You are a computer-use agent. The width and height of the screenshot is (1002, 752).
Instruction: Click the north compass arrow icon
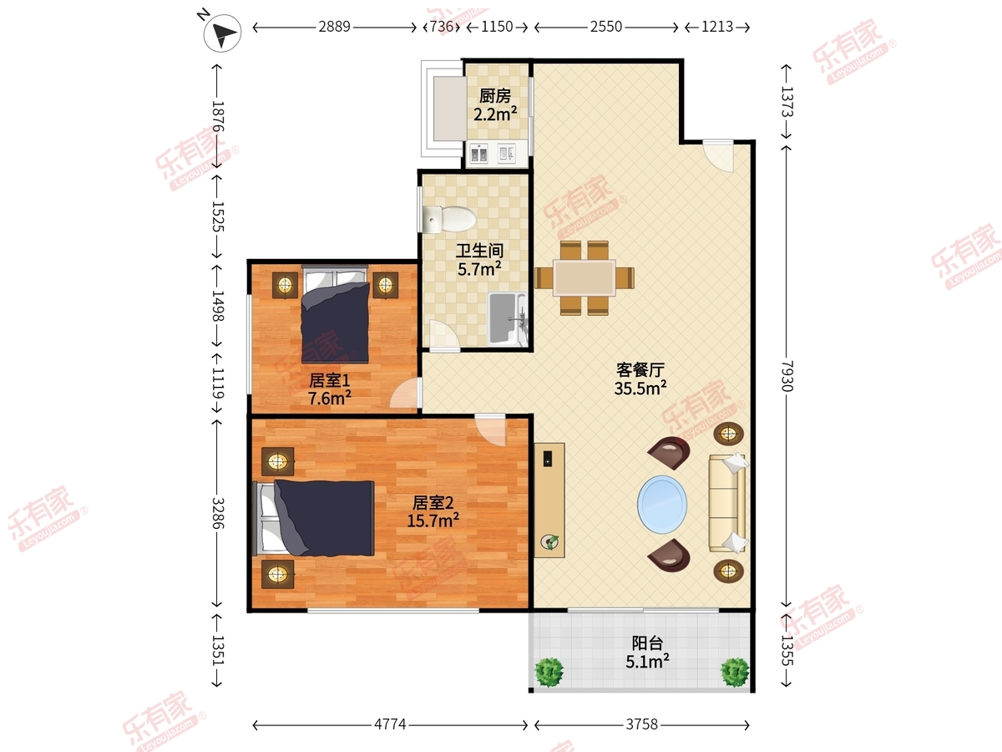pyautogui.click(x=222, y=33)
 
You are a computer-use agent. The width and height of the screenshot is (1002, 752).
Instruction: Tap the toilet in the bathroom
pyautogui.click(x=449, y=219)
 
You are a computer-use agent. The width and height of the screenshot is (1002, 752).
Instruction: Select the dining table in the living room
pyautogui.click(x=584, y=277)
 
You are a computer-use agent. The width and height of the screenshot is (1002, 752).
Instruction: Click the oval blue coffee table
pyautogui.click(x=662, y=504)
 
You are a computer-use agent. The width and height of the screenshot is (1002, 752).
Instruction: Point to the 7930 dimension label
pyautogui.click(x=787, y=376)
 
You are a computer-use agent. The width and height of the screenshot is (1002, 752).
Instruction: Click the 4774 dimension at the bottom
pyautogui.click(x=390, y=724)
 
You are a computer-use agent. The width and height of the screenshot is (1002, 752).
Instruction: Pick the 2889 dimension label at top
pyautogui.click(x=334, y=27)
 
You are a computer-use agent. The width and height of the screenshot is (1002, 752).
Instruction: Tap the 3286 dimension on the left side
pyautogui.click(x=218, y=513)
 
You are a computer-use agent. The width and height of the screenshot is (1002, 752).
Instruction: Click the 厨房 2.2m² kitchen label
pyautogui.click(x=495, y=105)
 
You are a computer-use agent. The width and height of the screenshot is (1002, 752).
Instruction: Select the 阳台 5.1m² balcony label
pyautogui.click(x=647, y=652)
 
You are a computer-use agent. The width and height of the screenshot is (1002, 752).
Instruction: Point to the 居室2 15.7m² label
pyautogui.click(x=433, y=511)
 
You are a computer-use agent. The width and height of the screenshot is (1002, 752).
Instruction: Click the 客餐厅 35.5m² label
pyautogui.click(x=640, y=379)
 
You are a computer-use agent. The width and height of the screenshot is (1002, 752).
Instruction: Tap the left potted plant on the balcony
pyautogui.click(x=549, y=672)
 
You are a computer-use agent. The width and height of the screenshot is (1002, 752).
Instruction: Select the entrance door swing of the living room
pyautogui.click(x=718, y=156)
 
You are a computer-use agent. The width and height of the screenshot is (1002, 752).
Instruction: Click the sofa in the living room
pyautogui.click(x=728, y=503)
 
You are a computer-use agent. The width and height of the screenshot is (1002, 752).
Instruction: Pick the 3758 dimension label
pyautogui.click(x=641, y=724)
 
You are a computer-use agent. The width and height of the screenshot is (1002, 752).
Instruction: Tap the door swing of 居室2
pyautogui.click(x=490, y=429)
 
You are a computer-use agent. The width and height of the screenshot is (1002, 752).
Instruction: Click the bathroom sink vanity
pyautogui.click(x=507, y=318)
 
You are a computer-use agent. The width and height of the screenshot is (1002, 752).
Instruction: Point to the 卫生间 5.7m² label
pyautogui.click(x=479, y=260)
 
